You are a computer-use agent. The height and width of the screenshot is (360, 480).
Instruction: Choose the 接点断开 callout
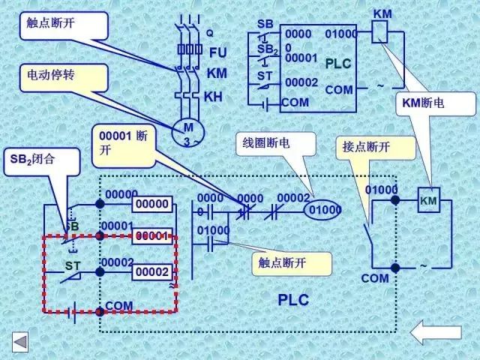tap(376, 147)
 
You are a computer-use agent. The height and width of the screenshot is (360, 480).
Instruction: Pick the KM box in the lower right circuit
tap(428, 201)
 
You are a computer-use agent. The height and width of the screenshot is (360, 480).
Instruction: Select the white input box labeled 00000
tap(152, 204)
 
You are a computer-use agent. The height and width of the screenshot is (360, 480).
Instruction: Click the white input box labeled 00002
tap(152, 272)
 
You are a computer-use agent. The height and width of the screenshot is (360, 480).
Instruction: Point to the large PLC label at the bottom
tap(293, 300)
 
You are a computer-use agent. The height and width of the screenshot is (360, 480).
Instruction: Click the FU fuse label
tap(217, 52)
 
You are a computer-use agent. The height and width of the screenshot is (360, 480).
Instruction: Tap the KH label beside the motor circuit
tap(214, 97)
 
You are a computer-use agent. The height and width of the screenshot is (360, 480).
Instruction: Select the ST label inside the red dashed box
tap(72, 265)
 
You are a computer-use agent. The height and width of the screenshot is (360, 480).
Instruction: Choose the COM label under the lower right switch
tap(374, 278)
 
